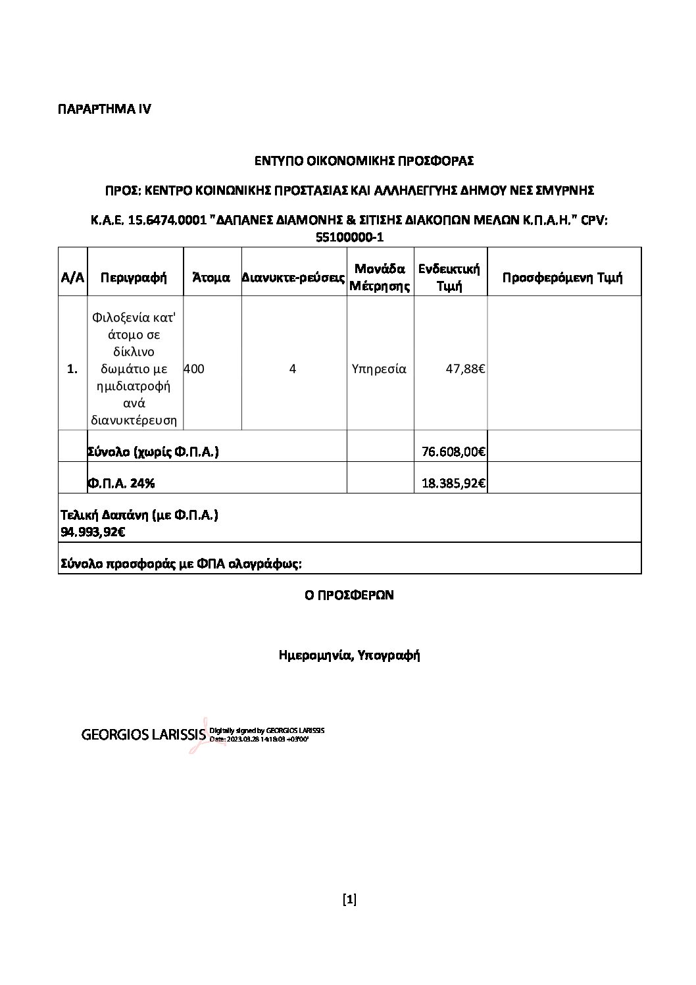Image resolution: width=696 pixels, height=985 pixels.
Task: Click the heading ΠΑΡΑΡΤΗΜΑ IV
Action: point(105,109)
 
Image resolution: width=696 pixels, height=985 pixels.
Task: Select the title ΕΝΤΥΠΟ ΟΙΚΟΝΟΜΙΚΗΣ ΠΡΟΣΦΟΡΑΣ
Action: point(364,160)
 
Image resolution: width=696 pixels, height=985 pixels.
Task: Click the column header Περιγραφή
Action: point(134,277)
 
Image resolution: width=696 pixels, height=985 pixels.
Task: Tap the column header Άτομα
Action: point(211,277)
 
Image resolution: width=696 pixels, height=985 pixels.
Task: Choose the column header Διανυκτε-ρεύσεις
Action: point(293,278)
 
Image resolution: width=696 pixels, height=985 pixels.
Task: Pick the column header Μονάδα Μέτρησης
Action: point(380,277)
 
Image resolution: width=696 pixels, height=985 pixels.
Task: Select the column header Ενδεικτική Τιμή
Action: point(450,277)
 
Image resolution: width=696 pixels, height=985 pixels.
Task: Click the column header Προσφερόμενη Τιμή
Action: point(562,277)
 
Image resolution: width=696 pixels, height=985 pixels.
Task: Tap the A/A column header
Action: point(72,277)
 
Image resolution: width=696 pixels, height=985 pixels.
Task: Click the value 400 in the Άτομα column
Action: point(194,369)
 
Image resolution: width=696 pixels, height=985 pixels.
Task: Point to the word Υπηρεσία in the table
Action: point(380,369)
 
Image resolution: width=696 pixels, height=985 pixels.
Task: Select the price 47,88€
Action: point(465,369)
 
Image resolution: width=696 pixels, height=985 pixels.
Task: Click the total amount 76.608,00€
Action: point(453,452)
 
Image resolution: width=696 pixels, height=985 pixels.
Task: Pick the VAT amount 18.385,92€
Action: point(453,484)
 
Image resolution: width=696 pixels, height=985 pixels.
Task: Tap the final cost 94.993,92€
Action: point(93,532)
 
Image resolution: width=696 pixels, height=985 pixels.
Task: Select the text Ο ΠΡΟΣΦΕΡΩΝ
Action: point(349,595)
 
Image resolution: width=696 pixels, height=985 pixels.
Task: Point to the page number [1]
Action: point(349,899)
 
